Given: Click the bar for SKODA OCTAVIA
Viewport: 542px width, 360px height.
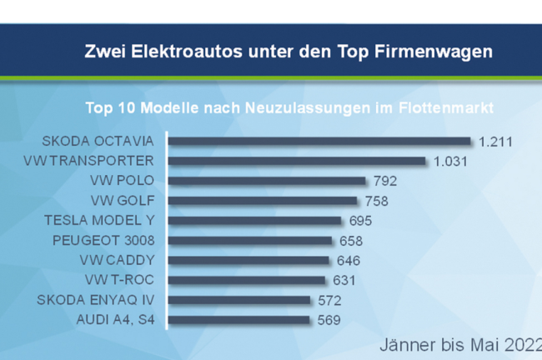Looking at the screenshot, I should coord(319,141).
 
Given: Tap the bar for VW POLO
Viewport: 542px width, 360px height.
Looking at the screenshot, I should coord(267,181).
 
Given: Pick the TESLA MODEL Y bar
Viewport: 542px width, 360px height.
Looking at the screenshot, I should coord(254,221).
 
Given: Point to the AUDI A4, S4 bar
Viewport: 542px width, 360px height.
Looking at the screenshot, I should coord(238,320).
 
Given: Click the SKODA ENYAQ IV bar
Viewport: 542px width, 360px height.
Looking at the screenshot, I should coord(239,300).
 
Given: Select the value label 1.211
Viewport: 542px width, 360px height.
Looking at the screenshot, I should coord(494,141).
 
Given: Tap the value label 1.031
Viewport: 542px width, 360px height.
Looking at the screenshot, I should coord(450,161).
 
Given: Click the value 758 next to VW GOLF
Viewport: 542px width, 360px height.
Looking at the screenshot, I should coord(376,201).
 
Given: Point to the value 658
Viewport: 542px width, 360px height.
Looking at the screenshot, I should coord(351,241).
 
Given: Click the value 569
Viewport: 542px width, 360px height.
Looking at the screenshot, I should coord(327,320).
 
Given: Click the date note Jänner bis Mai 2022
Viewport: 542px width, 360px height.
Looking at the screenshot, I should coord(459,344).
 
